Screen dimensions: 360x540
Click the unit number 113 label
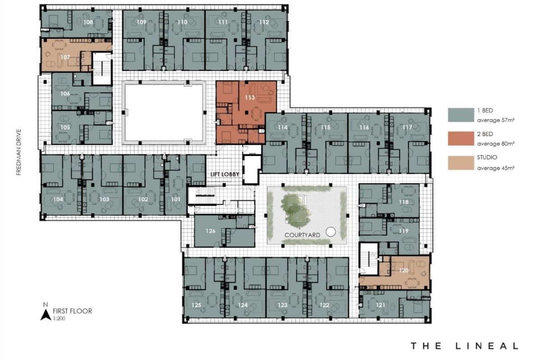click(250, 98)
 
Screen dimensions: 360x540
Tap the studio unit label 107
click(66, 57)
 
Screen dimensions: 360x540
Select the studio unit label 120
click(404, 271)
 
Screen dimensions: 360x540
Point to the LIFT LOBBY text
click(224, 174)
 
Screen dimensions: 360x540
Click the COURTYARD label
click(302, 235)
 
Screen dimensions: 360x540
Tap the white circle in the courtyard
click(331, 232)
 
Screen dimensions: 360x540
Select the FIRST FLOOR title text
click(72, 311)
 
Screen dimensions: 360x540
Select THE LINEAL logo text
click(464, 346)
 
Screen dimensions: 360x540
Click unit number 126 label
click(211, 231)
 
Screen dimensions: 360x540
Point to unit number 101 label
click(175, 199)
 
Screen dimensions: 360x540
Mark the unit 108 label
click(88, 22)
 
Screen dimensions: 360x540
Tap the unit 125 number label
click(196, 305)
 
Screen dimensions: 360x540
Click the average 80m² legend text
click(495, 144)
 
